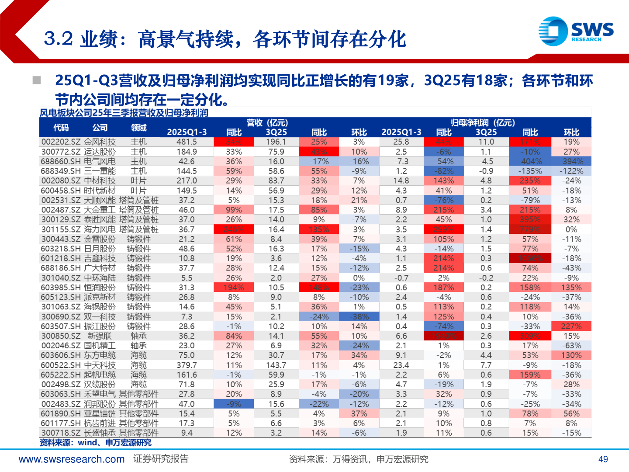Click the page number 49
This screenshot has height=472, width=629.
coord(603,459)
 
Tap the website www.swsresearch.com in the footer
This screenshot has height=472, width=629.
coord(72,459)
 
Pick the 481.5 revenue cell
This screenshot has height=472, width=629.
coord(187,142)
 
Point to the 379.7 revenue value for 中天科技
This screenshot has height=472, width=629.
coord(187,365)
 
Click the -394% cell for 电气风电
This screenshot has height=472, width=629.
coord(571,161)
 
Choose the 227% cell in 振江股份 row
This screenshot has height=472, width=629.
coord(571,326)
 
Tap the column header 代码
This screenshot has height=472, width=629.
coord(61,128)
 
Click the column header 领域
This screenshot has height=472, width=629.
coord(139,128)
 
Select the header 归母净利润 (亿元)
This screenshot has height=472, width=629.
coord(483,123)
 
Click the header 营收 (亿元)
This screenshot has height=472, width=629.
coord(267,123)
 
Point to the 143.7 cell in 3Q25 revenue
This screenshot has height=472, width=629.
coord(276,365)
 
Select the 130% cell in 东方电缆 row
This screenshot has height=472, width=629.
coord(571,355)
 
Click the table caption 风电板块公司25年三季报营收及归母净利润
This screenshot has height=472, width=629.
coord(124,113)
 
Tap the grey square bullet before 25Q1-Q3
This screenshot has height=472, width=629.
coord(37,80)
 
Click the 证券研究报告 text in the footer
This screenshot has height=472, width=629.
coord(161,459)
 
